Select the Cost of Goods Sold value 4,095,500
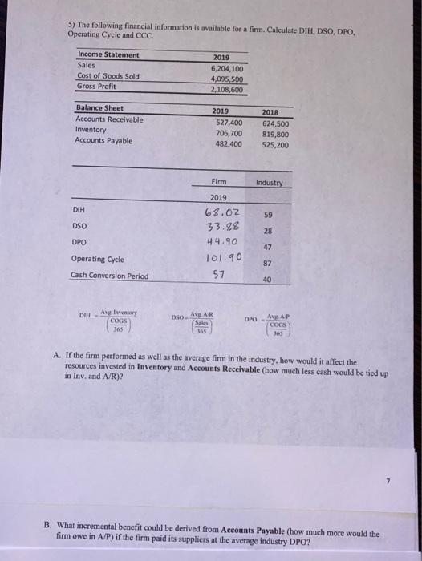click(x=228, y=79)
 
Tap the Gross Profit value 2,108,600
click(x=228, y=90)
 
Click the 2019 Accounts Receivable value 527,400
click(x=229, y=123)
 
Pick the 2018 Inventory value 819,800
click(x=275, y=134)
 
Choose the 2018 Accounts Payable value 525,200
click(x=275, y=145)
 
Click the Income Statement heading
click(x=108, y=54)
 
